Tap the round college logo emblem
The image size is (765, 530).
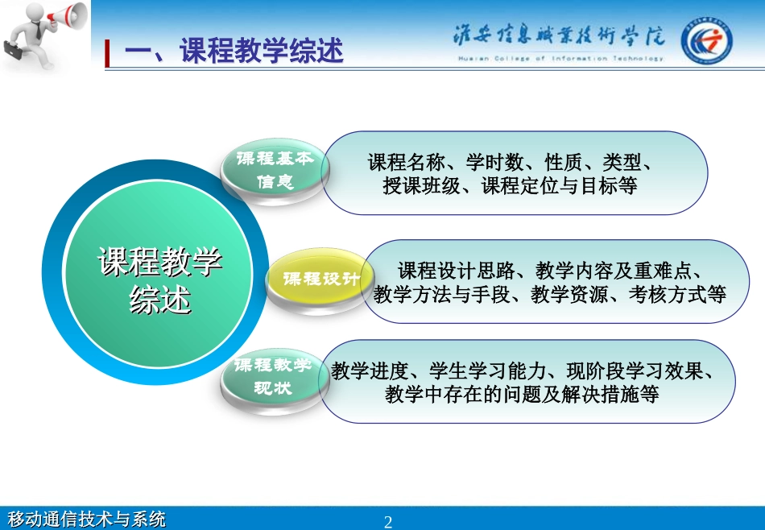[706, 40]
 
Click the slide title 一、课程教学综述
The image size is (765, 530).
[234, 52]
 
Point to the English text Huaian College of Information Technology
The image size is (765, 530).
[560, 59]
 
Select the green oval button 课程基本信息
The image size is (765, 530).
[275, 170]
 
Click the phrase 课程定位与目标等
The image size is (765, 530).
[560, 186]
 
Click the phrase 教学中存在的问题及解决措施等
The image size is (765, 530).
[522, 395]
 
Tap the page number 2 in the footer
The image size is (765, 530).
[388, 521]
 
